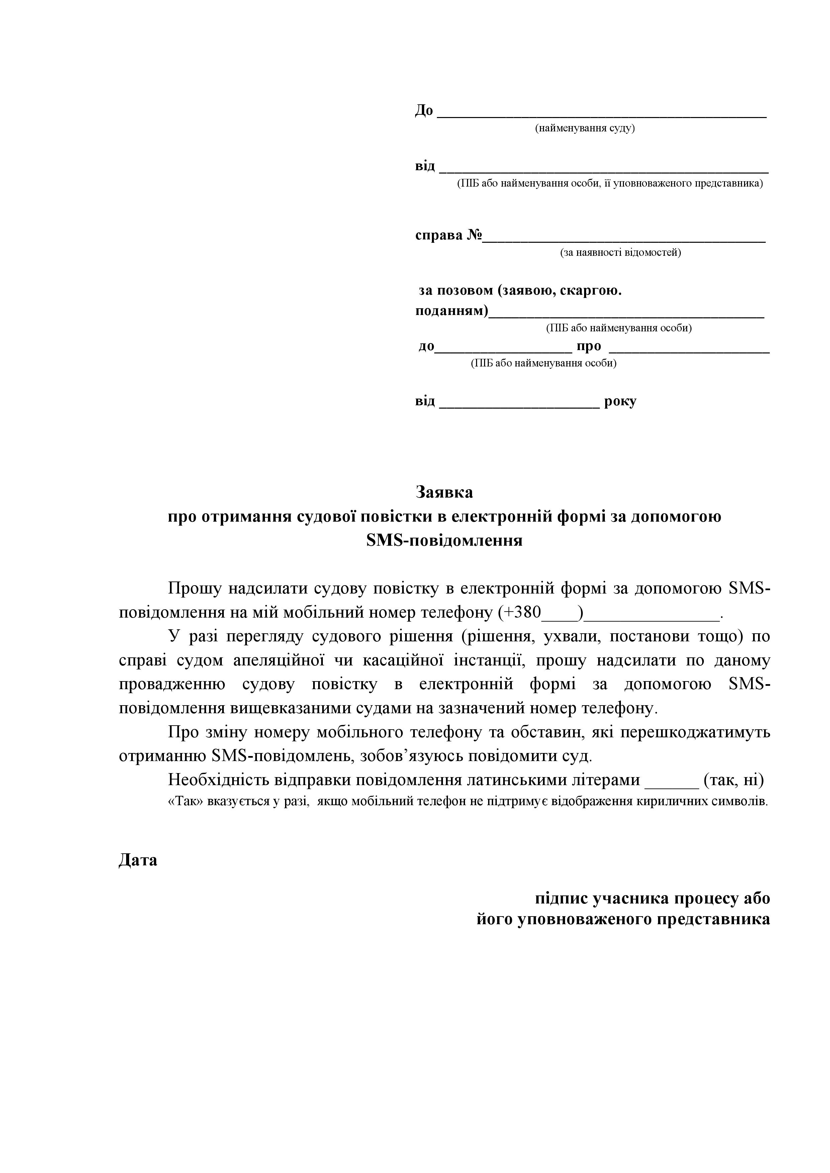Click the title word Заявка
tap(444, 492)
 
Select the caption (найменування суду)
tap(585, 128)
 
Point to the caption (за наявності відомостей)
tap(621, 252)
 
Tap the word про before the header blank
tap(589, 346)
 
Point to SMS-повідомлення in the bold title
tap(444, 540)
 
